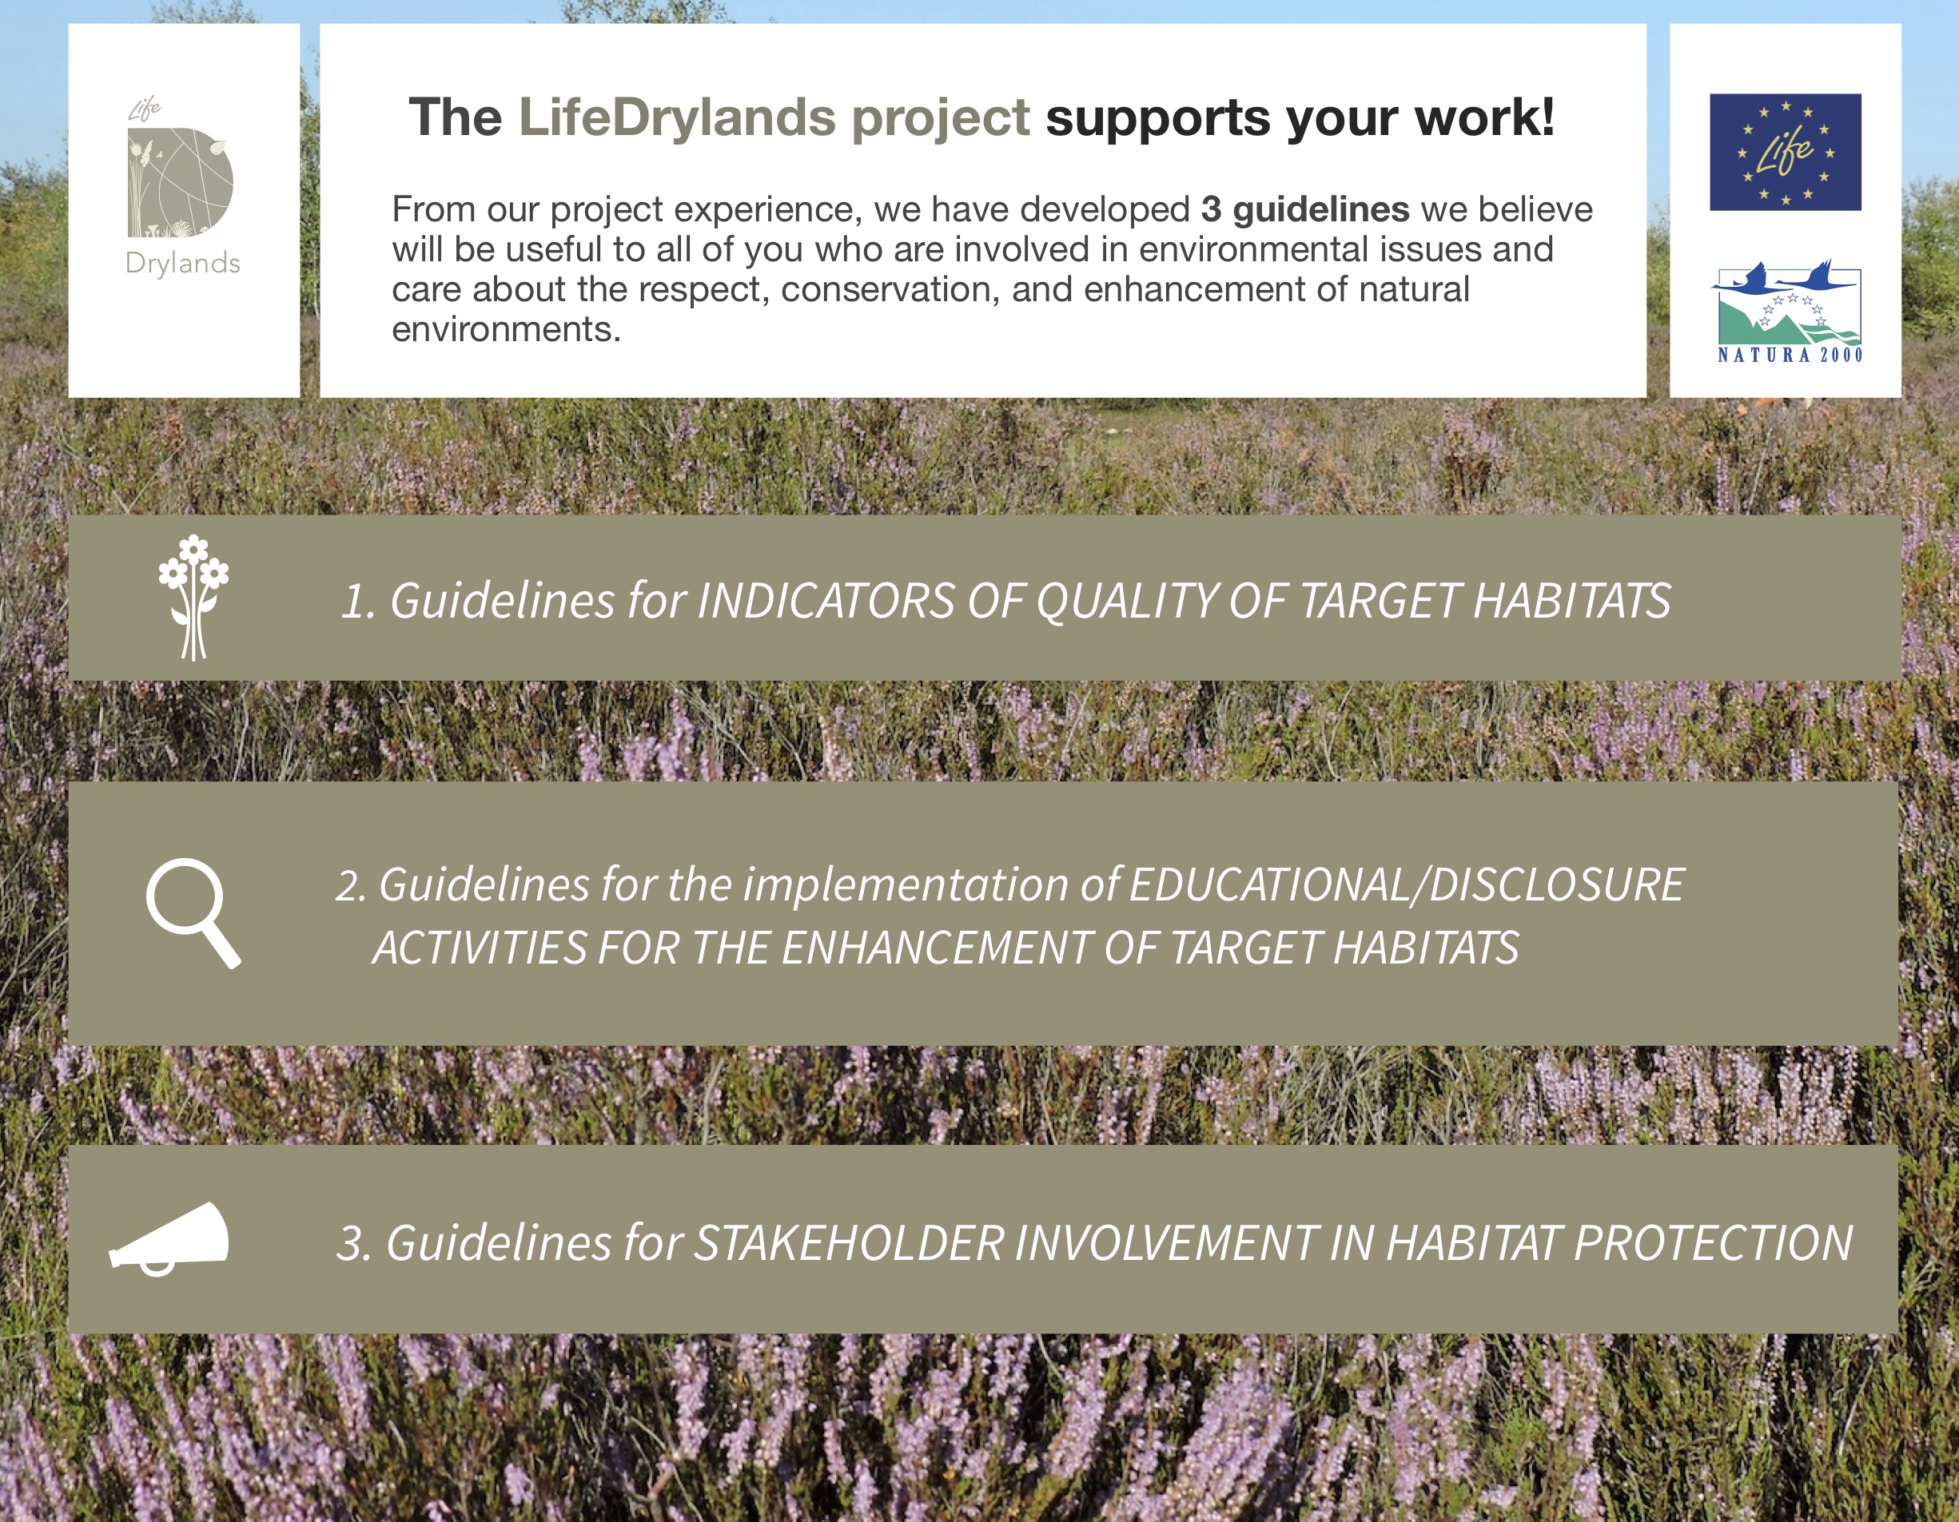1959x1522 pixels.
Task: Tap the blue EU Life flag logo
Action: [x=1785, y=152]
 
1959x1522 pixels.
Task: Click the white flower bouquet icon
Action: [x=193, y=598]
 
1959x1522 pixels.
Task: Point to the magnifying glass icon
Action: [x=193, y=913]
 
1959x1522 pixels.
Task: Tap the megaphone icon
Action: [x=169, y=1238]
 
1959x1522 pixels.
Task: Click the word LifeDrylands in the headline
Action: [x=677, y=117]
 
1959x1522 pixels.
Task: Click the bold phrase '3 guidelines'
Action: [x=1305, y=209]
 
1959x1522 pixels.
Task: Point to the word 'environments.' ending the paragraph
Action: [x=506, y=329]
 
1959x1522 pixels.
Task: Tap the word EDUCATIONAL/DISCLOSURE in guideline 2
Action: [x=1407, y=885]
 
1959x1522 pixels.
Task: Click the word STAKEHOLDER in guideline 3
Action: [x=849, y=1243]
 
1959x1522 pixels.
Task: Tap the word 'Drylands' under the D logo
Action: [x=183, y=264]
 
